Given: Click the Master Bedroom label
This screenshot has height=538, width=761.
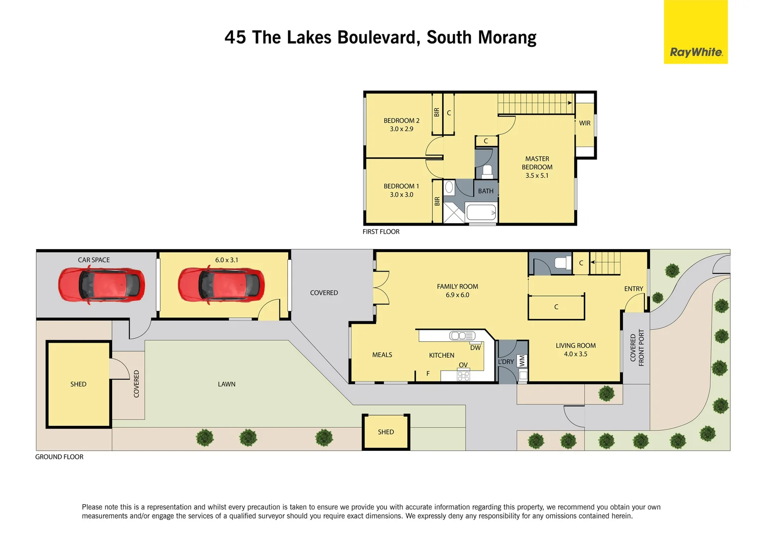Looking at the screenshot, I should pos(537,163).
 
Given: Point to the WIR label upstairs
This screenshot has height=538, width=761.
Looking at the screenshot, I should pos(585,123).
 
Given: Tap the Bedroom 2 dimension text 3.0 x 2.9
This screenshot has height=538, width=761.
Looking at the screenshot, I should pos(401,129).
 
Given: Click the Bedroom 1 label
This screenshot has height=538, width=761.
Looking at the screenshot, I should pos(401,186).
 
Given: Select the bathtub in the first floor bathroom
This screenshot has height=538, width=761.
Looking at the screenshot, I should pos(481,213).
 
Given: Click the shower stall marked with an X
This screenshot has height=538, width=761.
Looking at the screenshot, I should pos(453,213).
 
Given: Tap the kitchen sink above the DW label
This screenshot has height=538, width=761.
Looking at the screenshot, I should pos(462,336).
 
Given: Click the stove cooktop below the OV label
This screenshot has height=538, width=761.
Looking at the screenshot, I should pos(463,376).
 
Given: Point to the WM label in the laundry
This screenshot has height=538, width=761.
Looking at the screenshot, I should pos(522,360).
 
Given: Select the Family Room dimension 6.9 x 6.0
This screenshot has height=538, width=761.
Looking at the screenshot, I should pos(457,295).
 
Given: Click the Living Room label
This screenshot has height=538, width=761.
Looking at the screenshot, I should pos(575,346).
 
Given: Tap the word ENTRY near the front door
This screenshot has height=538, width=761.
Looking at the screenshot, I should pos(634,289).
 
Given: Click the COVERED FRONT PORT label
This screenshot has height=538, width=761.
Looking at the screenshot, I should pos(637,348).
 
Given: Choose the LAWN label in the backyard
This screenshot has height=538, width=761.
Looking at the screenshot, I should pos(227,384).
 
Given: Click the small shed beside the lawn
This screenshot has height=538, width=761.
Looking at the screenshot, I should pos(386,432).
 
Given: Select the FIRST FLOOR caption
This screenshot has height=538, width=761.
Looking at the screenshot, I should pos(381,232).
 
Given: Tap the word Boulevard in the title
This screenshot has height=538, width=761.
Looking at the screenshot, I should pos(379,38).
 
